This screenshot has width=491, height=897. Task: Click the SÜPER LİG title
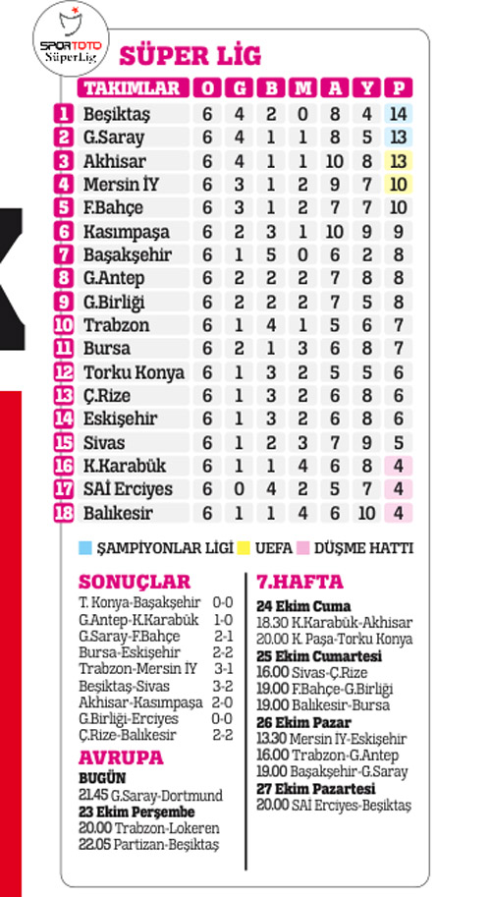click(x=178, y=55)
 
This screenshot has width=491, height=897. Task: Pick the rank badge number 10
click(x=64, y=324)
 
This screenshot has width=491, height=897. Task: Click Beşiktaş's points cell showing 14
click(x=399, y=114)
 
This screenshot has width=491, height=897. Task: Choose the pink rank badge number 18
click(x=64, y=512)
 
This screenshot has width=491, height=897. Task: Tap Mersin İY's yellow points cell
click(x=399, y=184)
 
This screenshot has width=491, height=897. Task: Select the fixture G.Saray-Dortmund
click(x=166, y=795)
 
